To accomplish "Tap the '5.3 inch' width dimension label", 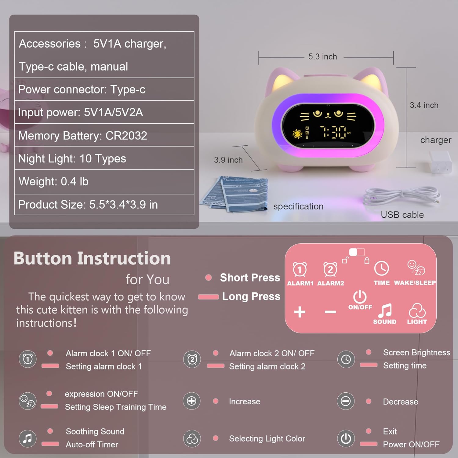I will tap(322, 57).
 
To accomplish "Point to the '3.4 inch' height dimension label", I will tap(424, 105).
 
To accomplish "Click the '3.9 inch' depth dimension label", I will tap(228, 160).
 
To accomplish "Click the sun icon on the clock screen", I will tap(297, 134).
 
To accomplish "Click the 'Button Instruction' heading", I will tap(92, 258).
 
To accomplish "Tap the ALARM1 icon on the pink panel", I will tap(300, 270).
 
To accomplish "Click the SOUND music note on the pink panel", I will tap(385, 311).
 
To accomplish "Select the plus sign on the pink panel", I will tap(300, 312).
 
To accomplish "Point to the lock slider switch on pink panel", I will tap(357, 252).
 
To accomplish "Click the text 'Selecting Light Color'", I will tap(267, 439).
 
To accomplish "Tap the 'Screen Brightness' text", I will tap(416, 353).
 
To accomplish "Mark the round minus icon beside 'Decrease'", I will tap(346, 401).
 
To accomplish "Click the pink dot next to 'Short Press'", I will tap(209, 278).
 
